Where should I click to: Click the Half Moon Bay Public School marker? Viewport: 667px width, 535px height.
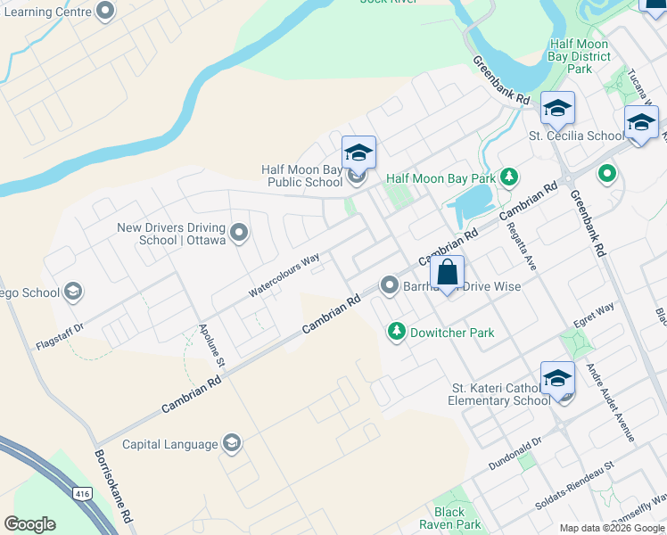[x=358, y=152]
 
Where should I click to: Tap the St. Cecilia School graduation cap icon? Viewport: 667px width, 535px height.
[x=557, y=109]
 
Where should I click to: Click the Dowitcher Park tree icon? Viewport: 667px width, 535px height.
[x=396, y=332]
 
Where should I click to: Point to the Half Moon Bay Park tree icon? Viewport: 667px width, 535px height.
[x=508, y=177]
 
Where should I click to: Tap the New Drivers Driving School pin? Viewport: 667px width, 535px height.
[x=239, y=234]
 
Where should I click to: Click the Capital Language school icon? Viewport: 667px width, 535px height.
[x=232, y=444]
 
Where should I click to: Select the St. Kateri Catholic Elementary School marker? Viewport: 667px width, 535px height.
[x=557, y=378]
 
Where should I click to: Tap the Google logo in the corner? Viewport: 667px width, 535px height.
[x=30, y=523]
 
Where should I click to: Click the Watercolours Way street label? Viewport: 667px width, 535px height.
[x=284, y=276]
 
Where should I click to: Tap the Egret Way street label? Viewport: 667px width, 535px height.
[x=594, y=309]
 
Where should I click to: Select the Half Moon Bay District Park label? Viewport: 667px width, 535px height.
[x=580, y=56]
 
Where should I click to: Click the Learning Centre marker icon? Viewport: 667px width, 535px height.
[x=105, y=12]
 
